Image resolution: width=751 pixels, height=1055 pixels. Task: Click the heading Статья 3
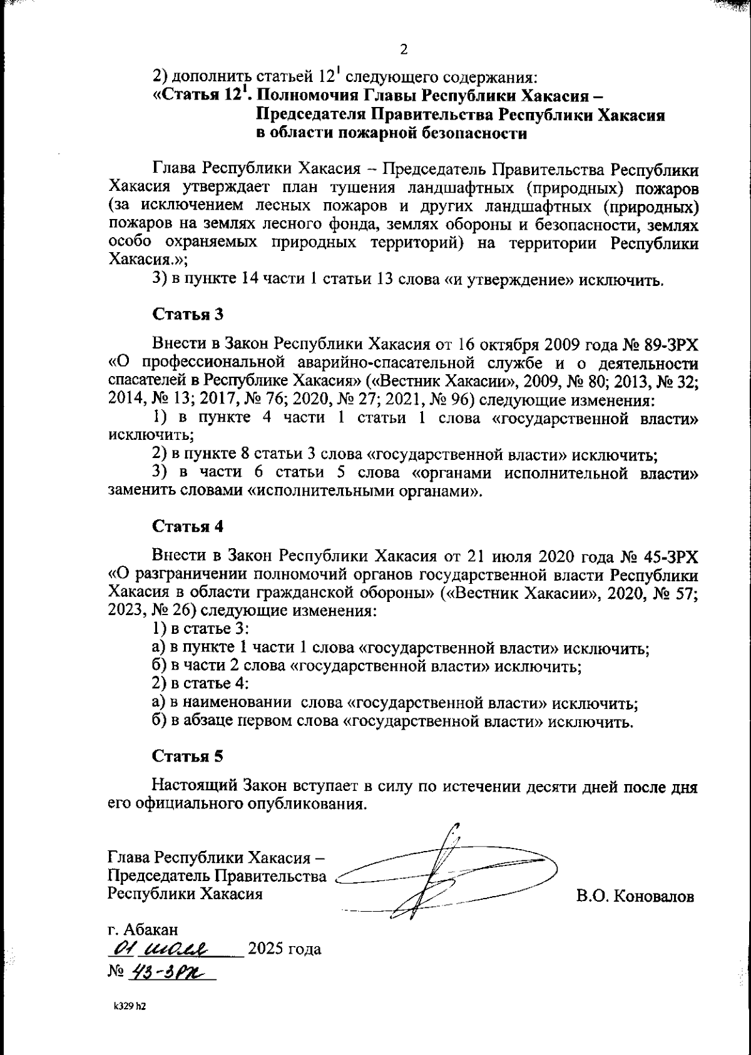pyautogui.click(x=188, y=314)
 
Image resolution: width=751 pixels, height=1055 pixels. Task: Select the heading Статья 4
pyautogui.click(x=188, y=526)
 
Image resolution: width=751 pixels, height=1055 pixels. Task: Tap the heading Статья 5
pyautogui.click(x=188, y=756)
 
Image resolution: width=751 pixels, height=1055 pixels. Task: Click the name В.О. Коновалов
pyautogui.click(x=635, y=897)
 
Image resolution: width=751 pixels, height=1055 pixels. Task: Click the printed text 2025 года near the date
pyautogui.click(x=285, y=949)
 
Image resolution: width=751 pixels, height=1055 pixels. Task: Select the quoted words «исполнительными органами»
pyautogui.click(x=365, y=491)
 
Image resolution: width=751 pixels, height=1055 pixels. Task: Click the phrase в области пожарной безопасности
pyautogui.click(x=392, y=133)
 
